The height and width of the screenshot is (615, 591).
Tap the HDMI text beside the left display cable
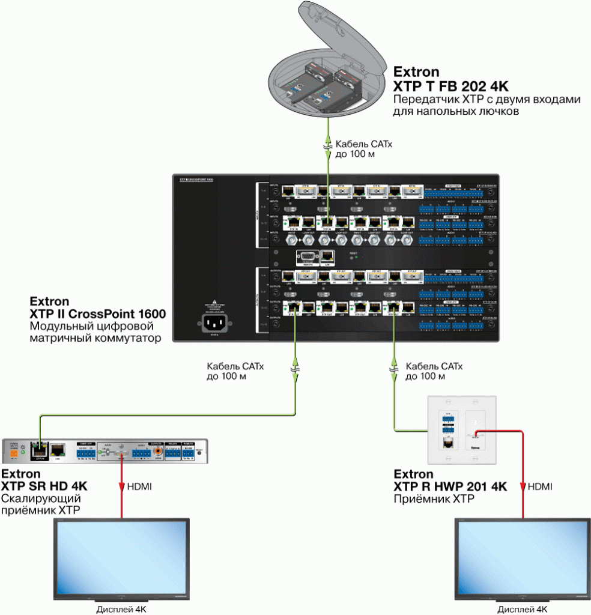click(139, 486)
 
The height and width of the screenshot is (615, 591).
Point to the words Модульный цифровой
click(91, 326)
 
